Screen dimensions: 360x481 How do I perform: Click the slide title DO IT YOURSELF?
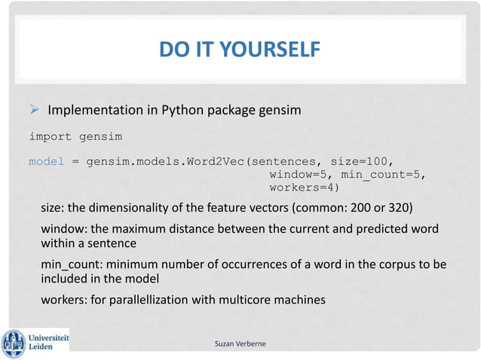click(240, 50)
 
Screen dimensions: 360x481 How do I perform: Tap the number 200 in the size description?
click(366, 209)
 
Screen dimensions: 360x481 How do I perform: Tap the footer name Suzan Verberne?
click(240, 344)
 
